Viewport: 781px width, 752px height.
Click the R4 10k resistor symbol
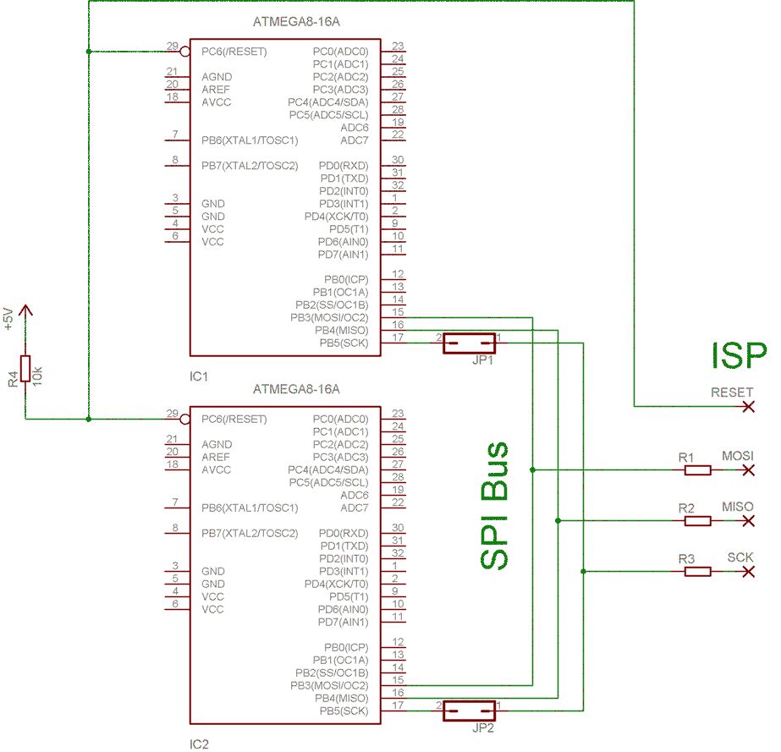pos(25,369)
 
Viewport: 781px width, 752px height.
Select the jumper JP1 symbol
pos(469,343)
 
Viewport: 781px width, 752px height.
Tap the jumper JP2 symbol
pos(469,711)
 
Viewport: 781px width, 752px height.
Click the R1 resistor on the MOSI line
pos(697,469)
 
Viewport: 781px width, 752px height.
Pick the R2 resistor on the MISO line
pos(697,520)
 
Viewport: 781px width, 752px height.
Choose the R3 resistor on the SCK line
pos(697,572)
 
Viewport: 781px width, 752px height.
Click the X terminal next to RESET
pos(747,407)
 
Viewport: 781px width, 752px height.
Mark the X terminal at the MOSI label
pos(747,469)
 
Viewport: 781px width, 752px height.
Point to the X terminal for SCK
pos(747,572)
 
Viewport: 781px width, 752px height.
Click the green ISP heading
pos(739,355)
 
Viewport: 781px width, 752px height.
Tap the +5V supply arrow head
pos(25,310)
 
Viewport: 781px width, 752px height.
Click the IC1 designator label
pos(200,376)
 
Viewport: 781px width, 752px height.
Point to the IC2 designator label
pos(200,744)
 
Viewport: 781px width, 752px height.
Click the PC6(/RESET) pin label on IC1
pos(234,52)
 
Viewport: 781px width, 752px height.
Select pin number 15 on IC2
pos(398,680)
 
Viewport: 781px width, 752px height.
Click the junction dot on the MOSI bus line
pos(532,469)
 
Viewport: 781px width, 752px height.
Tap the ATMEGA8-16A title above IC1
pos(296,22)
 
